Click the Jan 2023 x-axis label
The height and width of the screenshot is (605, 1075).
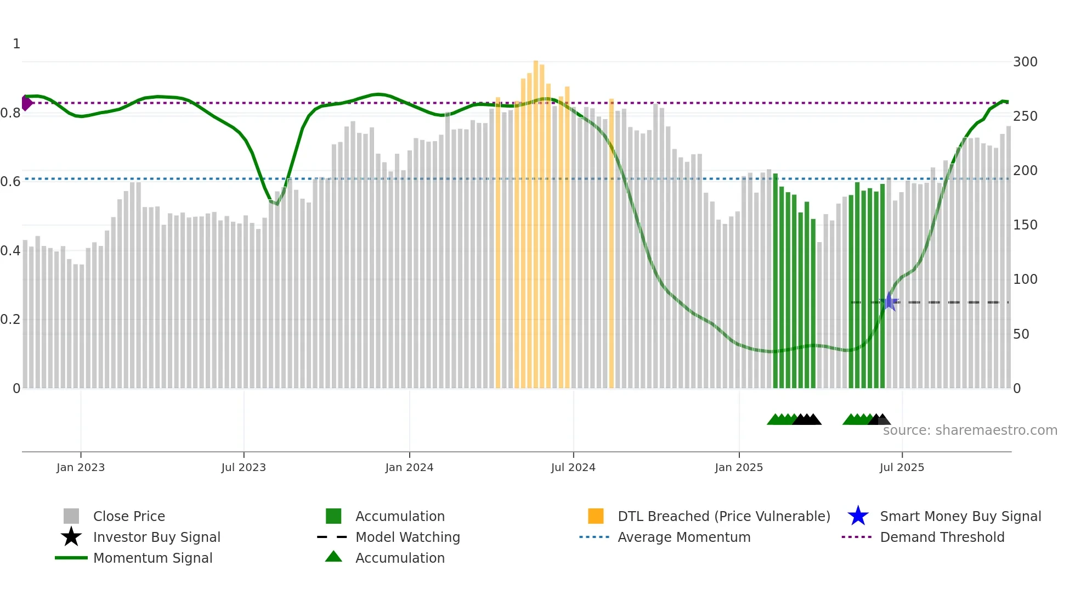tap(80, 468)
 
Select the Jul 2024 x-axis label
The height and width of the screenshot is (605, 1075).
tap(573, 468)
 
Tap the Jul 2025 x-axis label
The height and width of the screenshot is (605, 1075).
tap(902, 468)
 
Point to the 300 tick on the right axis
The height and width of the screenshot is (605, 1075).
tap(1025, 62)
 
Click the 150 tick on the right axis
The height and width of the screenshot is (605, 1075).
tap(1025, 225)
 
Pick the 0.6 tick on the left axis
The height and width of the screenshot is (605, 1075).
tap(10, 182)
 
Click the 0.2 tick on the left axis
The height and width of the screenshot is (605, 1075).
tap(10, 320)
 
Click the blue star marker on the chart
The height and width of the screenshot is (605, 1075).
tap(890, 302)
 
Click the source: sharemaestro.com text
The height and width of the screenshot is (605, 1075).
tap(970, 430)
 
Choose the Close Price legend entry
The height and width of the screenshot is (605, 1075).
tap(129, 517)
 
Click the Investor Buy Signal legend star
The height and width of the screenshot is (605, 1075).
tap(71, 537)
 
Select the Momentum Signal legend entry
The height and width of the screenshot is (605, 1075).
tap(152, 558)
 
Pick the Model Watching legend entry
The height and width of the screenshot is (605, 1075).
tap(408, 537)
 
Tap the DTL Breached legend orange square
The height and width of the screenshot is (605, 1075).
tap(596, 516)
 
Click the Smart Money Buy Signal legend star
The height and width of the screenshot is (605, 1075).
tap(858, 516)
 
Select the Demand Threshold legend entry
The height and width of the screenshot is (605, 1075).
tap(942, 537)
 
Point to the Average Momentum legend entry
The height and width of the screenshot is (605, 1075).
tap(683, 537)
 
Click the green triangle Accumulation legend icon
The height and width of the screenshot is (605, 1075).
tap(333, 557)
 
